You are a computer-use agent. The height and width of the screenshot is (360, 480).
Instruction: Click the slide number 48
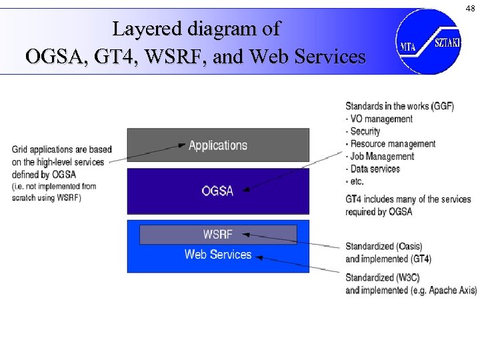coord(471,8)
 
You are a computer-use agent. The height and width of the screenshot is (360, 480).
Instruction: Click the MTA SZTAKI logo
coord(429,41)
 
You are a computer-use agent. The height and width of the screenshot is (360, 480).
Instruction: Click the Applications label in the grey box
coord(218,145)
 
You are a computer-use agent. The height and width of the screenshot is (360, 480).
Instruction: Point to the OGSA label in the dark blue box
coord(218,191)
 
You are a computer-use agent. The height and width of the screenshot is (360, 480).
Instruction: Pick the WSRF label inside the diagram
coord(218,235)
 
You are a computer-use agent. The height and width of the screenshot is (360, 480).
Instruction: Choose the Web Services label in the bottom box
coord(218,254)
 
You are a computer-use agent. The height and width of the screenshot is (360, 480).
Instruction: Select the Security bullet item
coord(365,131)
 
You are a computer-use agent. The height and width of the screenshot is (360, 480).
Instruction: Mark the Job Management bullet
coord(382,157)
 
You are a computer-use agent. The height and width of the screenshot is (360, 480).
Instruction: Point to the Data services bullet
coord(375,169)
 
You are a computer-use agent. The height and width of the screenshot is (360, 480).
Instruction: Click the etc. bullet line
coord(357,181)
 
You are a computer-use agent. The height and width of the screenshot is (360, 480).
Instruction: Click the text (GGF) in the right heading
coord(442,106)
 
